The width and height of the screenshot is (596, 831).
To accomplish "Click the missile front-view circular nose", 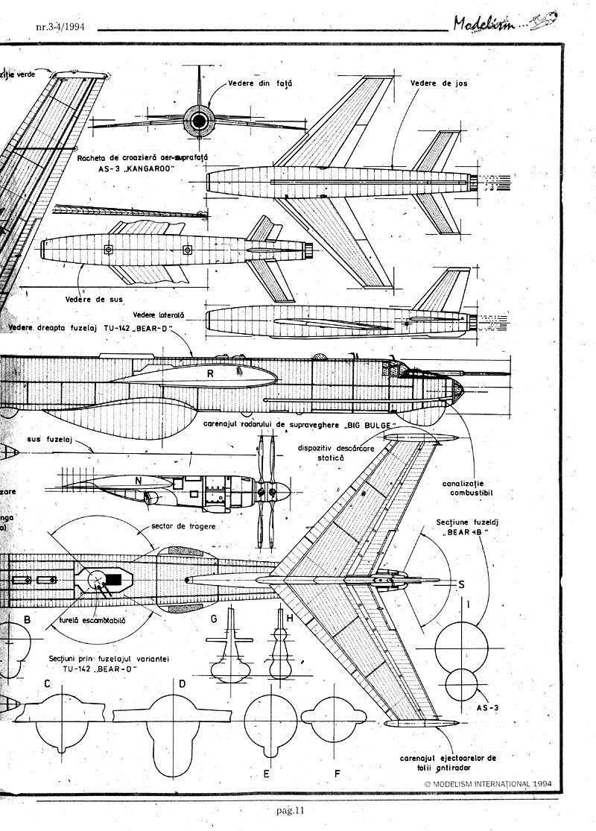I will pos(200,121).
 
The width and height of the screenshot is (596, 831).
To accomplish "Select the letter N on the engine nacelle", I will pos(139,481).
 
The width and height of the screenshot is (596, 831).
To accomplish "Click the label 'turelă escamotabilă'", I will pos(93,620).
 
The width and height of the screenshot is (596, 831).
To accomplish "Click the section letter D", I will pos(182,683).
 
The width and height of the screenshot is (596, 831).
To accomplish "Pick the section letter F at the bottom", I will pos(337,773).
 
